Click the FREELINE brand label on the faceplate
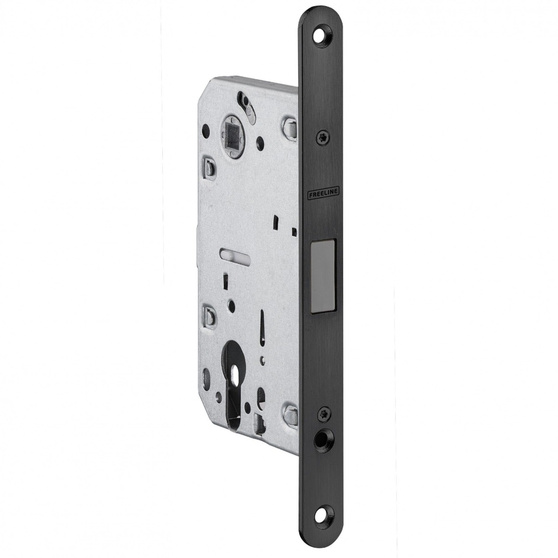coord(323,194)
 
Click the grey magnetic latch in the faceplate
coord(323,276)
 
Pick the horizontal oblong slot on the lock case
coord(234,256)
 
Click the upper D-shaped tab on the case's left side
coord(209,168)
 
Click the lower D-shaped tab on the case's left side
coord(209,316)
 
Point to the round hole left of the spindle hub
coord(205,131)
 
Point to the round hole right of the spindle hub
coord(260,143)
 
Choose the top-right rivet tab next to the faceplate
coord(289,129)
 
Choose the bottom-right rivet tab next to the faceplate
coord(290,416)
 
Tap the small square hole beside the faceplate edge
coord(294,232)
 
